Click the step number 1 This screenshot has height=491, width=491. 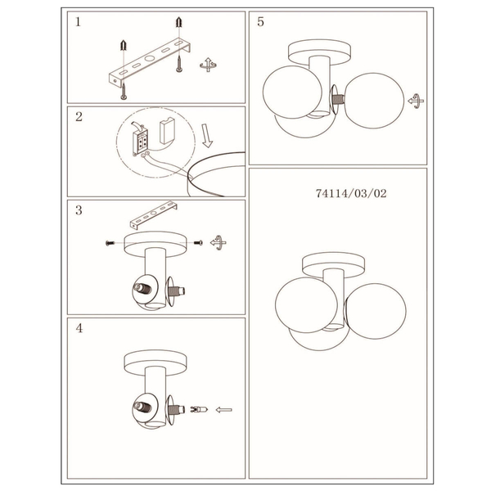click(78, 22)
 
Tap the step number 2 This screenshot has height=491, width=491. click(79, 117)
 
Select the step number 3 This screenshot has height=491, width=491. click(79, 210)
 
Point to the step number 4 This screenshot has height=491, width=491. click(79, 328)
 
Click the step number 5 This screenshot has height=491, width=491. click(260, 21)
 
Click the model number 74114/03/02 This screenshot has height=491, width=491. click(351, 193)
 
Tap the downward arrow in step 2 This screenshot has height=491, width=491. click(207, 136)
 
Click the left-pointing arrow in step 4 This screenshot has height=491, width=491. click(224, 410)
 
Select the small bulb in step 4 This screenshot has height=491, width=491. click(199, 409)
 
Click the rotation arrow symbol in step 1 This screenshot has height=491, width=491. click(208, 65)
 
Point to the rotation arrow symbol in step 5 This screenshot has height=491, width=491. click(416, 101)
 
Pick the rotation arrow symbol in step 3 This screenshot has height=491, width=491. click(218, 242)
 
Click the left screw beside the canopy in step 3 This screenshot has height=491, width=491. click(110, 243)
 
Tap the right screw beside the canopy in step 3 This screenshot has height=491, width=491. click(199, 243)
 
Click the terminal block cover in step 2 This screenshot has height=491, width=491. click(167, 130)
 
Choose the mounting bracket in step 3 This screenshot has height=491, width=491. click(154, 214)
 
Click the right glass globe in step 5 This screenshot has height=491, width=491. click(375, 101)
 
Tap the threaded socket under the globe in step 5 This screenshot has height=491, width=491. click(338, 100)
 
